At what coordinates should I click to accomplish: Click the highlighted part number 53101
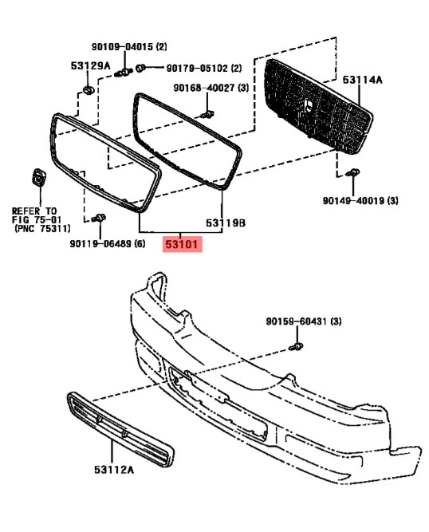click(182, 244)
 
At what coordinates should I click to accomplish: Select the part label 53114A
click(362, 80)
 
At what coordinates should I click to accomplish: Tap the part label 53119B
click(226, 223)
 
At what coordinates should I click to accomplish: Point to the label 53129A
click(91, 66)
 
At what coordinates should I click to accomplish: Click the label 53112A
click(114, 470)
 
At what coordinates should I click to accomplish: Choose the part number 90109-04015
click(123, 46)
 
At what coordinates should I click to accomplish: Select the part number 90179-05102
click(197, 69)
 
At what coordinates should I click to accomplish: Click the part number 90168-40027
click(205, 89)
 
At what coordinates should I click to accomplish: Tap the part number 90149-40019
click(354, 201)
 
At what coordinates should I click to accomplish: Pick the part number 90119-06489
click(101, 243)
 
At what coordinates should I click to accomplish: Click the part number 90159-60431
click(297, 321)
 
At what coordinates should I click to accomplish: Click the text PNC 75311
click(42, 229)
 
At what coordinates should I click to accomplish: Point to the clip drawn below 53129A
click(89, 90)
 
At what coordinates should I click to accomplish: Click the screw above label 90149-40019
click(353, 172)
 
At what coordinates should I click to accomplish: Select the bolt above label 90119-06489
click(99, 218)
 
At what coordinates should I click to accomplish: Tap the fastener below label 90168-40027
click(207, 114)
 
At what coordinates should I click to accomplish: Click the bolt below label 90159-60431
click(296, 347)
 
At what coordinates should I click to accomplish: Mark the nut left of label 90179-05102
click(140, 69)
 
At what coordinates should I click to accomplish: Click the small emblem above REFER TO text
click(39, 176)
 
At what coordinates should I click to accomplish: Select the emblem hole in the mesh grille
click(309, 106)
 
